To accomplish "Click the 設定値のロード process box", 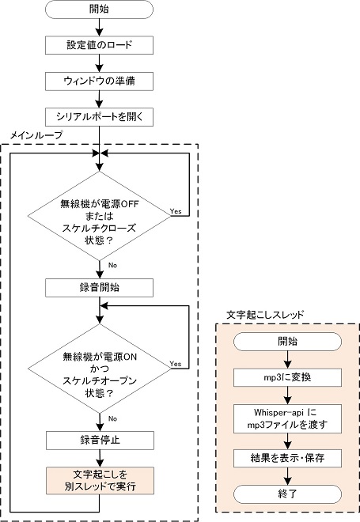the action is coord(99,45).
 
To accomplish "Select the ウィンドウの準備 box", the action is coord(99,81).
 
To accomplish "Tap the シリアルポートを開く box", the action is coord(99,117).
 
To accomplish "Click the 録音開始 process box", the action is coord(99,288).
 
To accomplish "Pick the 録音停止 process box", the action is coord(100,441).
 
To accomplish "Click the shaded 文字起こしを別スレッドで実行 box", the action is coord(100,480).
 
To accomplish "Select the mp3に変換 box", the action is coord(287,377).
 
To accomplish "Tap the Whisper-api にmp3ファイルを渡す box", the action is coord(287,418).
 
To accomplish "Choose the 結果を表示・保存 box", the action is coord(287,458).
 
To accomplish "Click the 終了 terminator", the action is coord(287,494).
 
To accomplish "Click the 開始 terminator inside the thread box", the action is coord(287,342).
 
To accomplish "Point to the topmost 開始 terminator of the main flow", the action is coord(99,9).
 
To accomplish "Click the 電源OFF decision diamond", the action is coord(99,216).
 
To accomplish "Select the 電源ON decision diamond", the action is coord(99,369).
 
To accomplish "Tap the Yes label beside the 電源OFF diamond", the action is coord(176,211).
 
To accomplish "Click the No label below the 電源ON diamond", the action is coord(112,418).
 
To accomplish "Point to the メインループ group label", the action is coord(36,135).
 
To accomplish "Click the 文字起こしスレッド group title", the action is coord(265,315).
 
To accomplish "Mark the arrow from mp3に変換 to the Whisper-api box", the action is coord(287,395).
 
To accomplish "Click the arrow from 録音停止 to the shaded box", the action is coord(100,459).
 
